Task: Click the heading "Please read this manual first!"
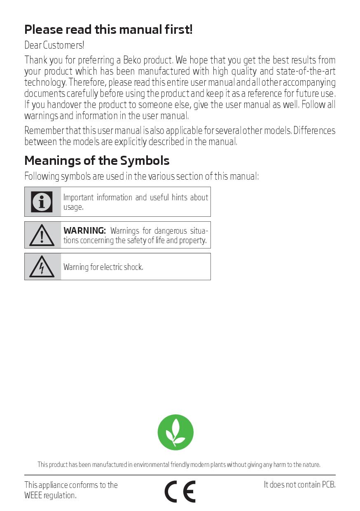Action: [x=108, y=30]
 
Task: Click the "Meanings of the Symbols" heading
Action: [x=97, y=160]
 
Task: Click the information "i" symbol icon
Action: [x=42, y=202]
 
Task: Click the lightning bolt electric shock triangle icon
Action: [x=42, y=267]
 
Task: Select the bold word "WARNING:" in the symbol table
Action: [x=84, y=231]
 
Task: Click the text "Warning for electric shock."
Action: [x=103, y=267]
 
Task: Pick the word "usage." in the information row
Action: [x=73, y=207]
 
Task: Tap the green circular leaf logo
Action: [x=175, y=432]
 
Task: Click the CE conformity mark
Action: [x=180, y=491]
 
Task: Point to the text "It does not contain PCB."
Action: [x=299, y=485]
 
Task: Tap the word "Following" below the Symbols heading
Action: [x=42, y=176]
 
